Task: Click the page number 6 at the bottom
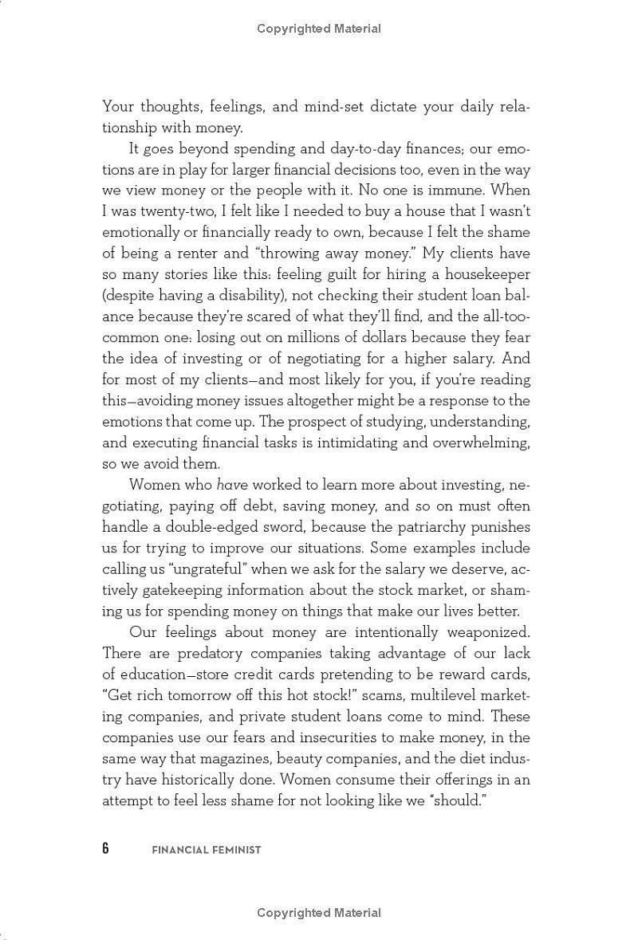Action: point(105,848)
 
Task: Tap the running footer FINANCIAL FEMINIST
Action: point(207,850)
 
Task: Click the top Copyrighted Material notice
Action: point(319,29)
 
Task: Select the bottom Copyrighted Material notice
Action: point(319,913)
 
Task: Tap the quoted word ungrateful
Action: point(182,569)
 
